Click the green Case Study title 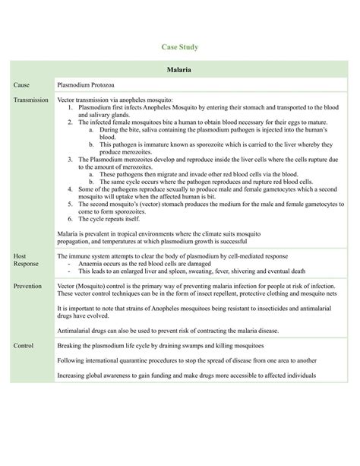point(179,48)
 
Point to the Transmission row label point(31,100)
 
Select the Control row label point(24,345)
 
